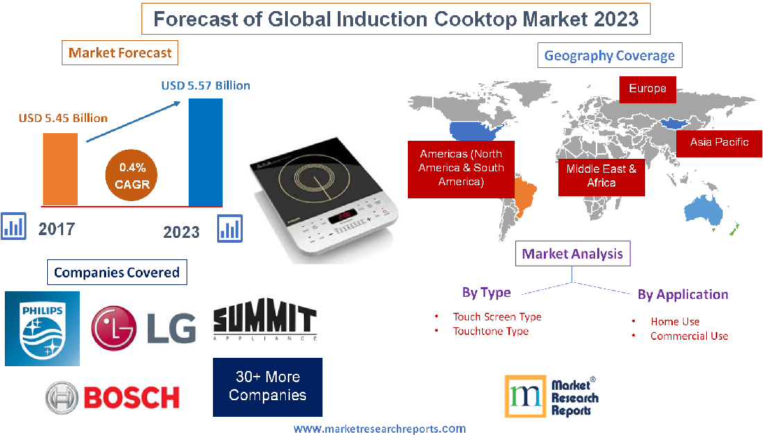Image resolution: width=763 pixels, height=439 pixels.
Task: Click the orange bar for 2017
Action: (60, 169)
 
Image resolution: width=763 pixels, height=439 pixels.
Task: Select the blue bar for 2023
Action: (205, 152)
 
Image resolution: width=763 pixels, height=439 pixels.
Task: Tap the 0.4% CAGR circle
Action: (132, 176)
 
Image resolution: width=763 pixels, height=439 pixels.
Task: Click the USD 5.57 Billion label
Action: (205, 86)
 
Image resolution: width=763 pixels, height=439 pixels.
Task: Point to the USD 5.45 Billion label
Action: (63, 118)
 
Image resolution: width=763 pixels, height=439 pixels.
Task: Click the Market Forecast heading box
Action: (120, 53)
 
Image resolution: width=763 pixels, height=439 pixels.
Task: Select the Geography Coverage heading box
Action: (609, 55)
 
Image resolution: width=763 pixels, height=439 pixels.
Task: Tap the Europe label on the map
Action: (647, 89)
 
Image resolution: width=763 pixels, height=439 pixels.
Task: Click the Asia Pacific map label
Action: (719, 142)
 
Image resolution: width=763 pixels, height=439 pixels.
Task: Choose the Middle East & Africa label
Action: (601, 175)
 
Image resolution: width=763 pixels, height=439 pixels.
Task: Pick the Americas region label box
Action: (461, 168)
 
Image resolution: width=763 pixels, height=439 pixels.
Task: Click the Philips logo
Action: (42, 328)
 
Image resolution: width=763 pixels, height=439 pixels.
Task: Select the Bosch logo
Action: (112, 397)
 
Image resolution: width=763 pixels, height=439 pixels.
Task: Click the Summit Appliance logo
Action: (264, 322)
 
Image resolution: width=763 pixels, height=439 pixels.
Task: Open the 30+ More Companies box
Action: (268, 387)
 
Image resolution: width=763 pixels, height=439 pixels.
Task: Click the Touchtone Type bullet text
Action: (490, 332)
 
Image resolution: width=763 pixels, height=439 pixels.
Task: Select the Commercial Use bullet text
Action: (689, 336)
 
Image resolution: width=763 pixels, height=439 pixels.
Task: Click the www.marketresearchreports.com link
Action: (379, 429)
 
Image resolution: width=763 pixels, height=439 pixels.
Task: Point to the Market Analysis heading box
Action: (573, 254)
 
